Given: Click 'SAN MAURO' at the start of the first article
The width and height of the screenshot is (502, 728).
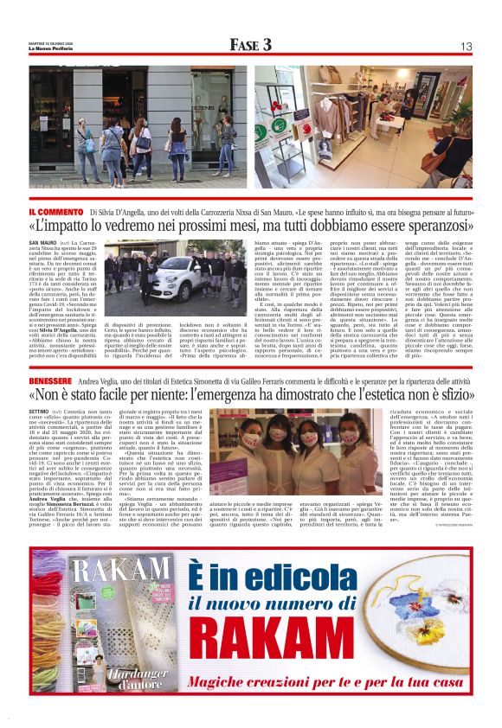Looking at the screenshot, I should click(x=42, y=245).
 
